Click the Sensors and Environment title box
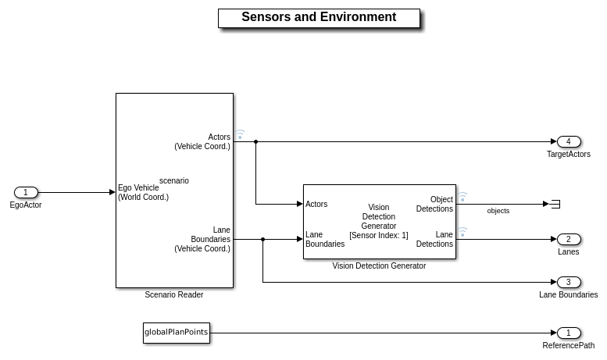(319, 18)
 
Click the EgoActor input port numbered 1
(26, 192)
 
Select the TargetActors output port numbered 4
(568, 141)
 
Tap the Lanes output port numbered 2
(568, 239)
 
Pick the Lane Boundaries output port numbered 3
(568, 282)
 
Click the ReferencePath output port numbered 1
(568, 333)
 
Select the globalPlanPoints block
(177, 333)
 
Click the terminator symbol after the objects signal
(555, 204)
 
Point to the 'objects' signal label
(498, 211)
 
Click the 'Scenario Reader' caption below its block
(174, 294)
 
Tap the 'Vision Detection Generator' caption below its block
(379, 266)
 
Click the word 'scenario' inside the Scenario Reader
(174, 180)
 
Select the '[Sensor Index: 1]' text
(379, 235)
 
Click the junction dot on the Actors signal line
(255, 141)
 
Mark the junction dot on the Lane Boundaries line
(262, 239)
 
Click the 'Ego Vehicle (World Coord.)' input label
(143, 192)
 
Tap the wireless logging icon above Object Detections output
(462, 197)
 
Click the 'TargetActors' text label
(568, 155)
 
